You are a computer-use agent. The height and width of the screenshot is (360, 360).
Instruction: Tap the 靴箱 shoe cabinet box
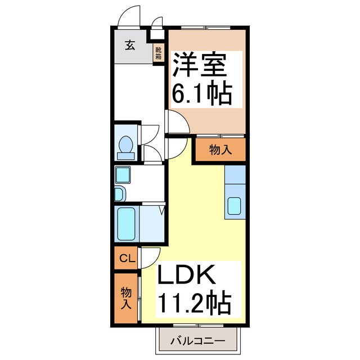tap(159, 53)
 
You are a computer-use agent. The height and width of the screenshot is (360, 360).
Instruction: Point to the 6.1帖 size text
tap(201, 93)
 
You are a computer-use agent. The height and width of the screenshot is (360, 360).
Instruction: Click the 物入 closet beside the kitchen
tap(220, 150)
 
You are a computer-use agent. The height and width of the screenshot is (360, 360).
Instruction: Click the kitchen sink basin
tap(235, 207)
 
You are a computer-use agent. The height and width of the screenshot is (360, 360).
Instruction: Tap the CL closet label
tap(127, 259)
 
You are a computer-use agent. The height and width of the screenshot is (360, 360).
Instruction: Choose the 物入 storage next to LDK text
tap(127, 298)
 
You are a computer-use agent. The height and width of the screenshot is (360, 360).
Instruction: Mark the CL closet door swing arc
tap(150, 258)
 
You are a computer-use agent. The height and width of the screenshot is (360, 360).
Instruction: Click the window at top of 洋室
tap(206, 26)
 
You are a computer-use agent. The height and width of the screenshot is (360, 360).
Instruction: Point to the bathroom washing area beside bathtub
tap(150, 223)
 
